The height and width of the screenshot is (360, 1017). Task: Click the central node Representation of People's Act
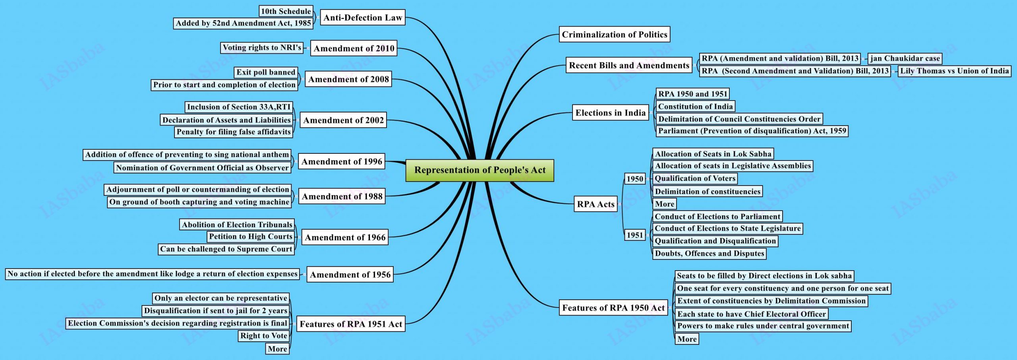pos(479,170)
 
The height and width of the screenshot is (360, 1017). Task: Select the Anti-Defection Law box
pos(362,17)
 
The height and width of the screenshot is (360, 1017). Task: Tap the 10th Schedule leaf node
pos(286,11)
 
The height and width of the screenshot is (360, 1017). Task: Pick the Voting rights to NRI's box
pos(262,48)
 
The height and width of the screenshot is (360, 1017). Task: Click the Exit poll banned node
pos(266,72)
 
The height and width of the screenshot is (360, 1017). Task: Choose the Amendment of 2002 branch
pos(343,120)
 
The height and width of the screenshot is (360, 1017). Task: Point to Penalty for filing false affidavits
pos(234,132)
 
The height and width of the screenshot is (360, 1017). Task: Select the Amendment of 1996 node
pos(342,161)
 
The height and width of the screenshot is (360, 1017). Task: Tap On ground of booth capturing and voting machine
pos(199,202)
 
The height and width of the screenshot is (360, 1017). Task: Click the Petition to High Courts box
pos(251,236)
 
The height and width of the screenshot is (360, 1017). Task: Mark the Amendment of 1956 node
pos(350,275)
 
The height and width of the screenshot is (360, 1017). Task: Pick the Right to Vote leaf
pos(264,336)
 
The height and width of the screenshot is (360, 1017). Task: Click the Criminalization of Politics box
pos(614,35)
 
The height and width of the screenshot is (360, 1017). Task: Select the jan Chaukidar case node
pos(905,58)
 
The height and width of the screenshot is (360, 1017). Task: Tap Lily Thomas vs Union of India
pos(954,71)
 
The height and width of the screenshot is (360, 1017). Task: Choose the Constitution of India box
pos(695,106)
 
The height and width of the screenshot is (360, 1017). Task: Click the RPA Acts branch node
pos(596,204)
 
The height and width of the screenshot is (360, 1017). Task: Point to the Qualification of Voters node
pos(695,178)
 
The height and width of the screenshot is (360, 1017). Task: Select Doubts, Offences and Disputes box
pos(709,254)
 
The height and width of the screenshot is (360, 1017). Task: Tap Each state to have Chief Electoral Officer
pos(751,314)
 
